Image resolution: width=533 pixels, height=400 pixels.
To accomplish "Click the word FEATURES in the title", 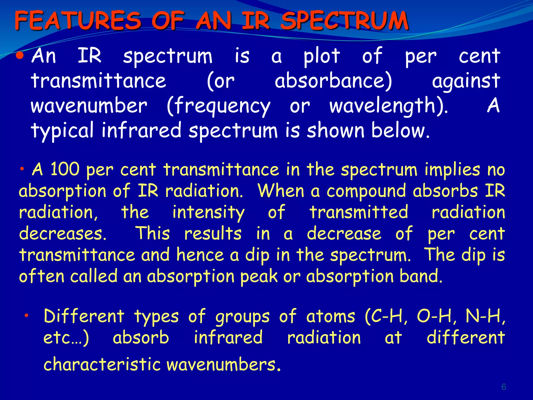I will click(78, 21).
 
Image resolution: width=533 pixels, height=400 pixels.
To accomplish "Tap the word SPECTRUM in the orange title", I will click(344, 21).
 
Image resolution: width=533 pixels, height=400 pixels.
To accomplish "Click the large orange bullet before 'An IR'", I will click(20, 55).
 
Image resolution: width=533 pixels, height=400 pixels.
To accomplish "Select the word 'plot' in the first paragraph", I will click(322, 56).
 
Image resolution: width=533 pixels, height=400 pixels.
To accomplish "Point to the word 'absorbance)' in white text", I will click(333, 81).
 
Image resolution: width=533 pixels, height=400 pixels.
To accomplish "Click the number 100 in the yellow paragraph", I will click(65, 169).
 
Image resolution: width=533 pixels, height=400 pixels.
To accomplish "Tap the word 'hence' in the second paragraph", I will click(200, 255).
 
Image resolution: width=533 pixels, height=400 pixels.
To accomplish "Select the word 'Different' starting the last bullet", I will click(84, 316).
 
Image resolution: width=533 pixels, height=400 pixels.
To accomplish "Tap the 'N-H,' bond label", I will click(485, 316).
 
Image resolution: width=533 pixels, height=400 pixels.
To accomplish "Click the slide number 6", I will click(504, 387).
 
